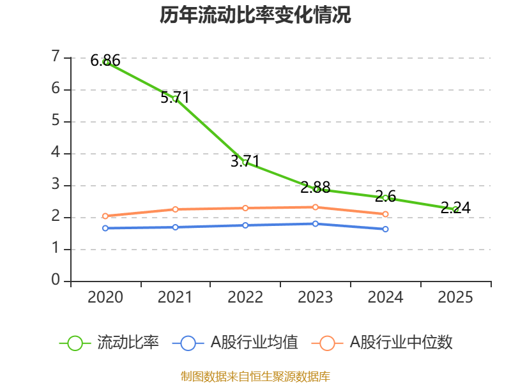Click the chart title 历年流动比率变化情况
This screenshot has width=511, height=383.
[x=256, y=15]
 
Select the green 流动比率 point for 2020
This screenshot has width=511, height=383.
[x=105, y=62]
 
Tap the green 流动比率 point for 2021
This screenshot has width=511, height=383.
[x=175, y=98]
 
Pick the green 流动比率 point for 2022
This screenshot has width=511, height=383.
[x=245, y=162]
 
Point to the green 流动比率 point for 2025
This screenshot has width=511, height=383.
[x=455, y=209]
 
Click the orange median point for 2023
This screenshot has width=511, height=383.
[x=316, y=207]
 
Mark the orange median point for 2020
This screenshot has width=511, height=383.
[x=105, y=216]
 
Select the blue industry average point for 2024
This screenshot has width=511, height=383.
[x=385, y=229]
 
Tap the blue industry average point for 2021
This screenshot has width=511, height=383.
[x=175, y=227]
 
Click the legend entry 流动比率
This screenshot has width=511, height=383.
[x=109, y=343]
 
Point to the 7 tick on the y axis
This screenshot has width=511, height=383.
[x=56, y=57]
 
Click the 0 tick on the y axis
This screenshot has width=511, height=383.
[x=56, y=281]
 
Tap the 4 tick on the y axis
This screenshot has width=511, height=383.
[x=56, y=153]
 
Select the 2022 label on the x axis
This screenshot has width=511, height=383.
[x=245, y=297]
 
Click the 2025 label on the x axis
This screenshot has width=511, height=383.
[x=455, y=297]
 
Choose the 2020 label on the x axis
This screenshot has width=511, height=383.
[x=105, y=297]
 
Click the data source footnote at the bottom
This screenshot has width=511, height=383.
[x=256, y=376]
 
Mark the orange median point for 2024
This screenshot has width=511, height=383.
[x=385, y=214]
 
